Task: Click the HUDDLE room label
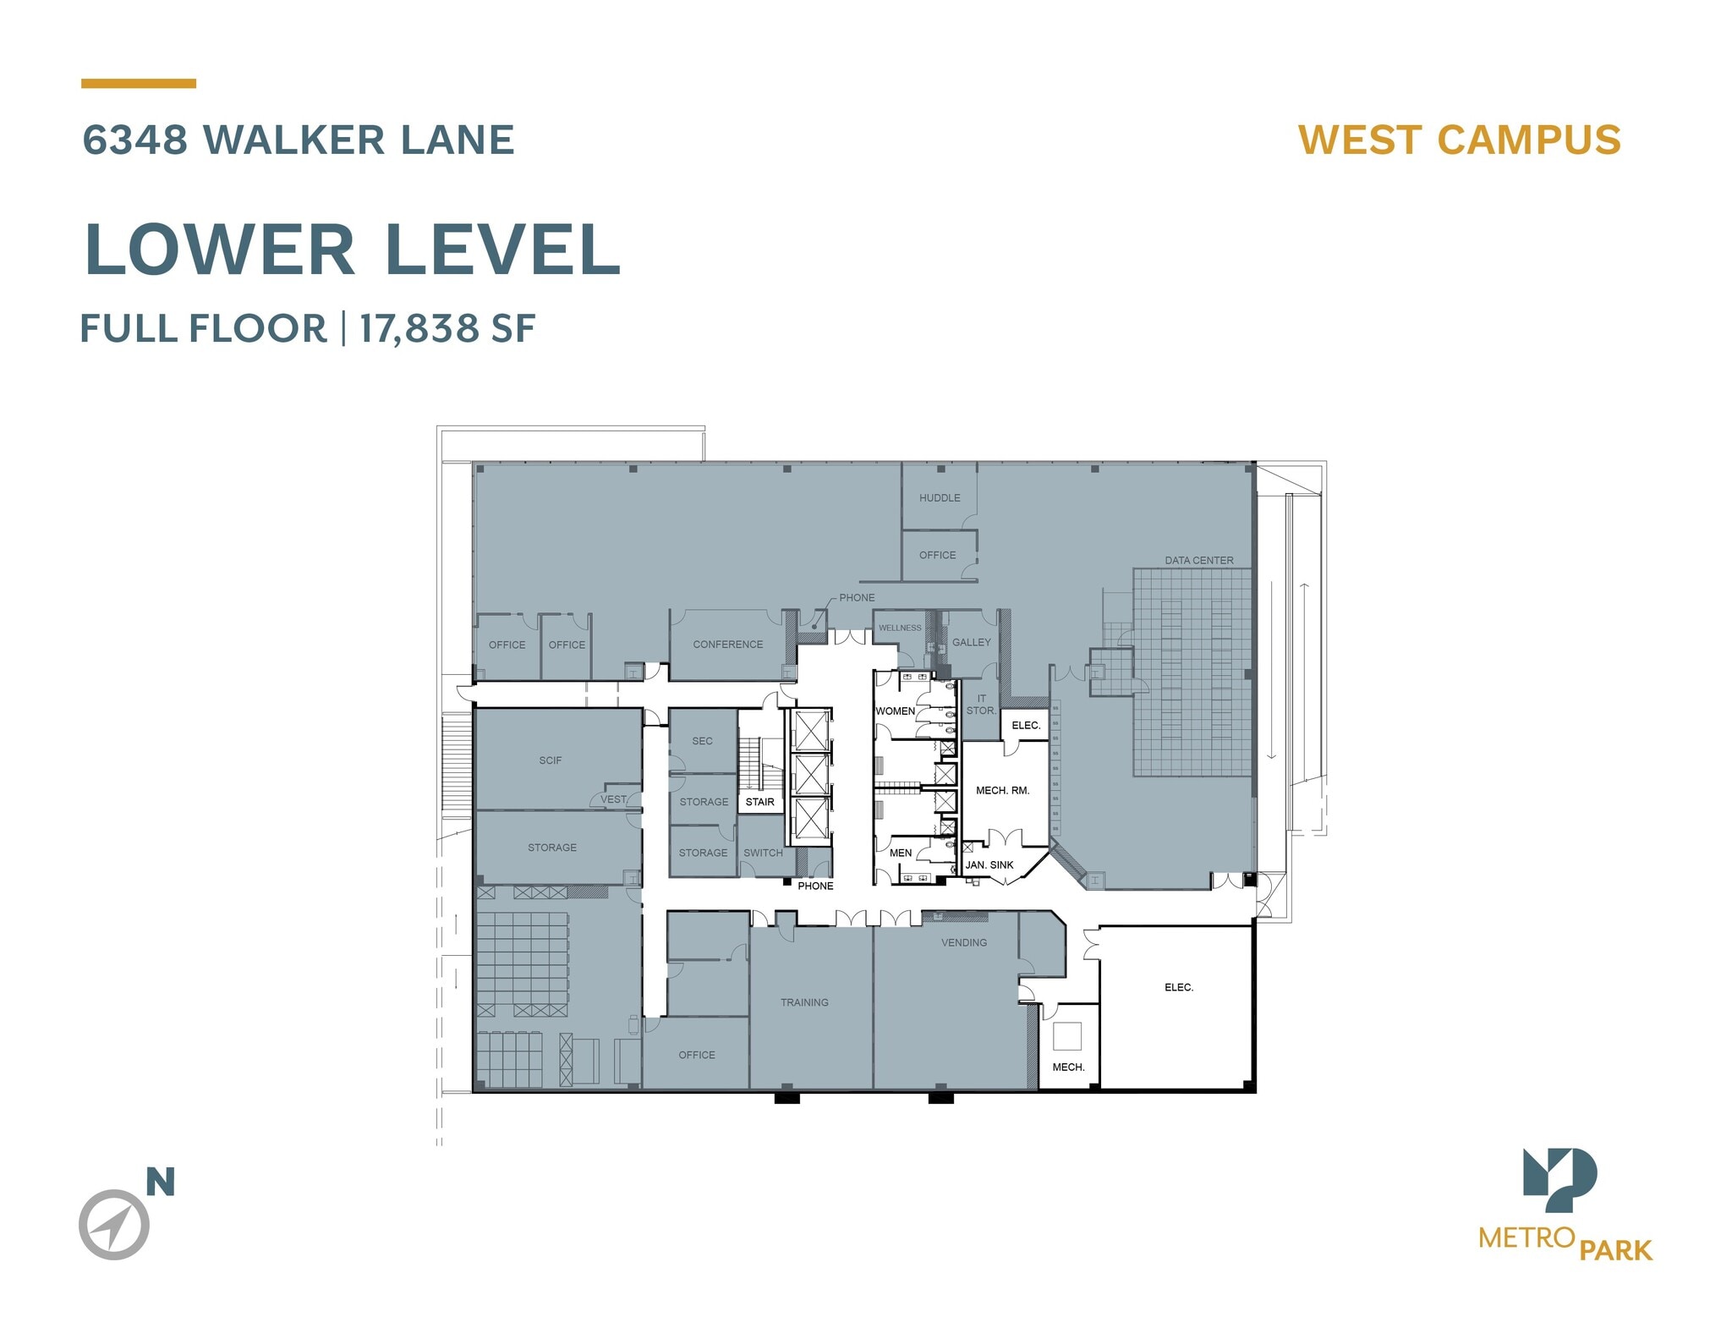pyautogui.click(x=940, y=498)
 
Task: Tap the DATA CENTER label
pyautogui.click(x=1198, y=560)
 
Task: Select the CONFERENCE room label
pyautogui.click(x=727, y=645)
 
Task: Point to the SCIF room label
pyautogui.click(x=550, y=760)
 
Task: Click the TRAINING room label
pyautogui.click(x=804, y=1002)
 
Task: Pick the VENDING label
pyautogui.click(x=964, y=942)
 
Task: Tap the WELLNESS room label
pyautogui.click(x=900, y=628)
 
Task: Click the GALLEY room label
pyautogui.click(x=971, y=642)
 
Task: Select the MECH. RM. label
pyautogui.click(x=1002, y=790)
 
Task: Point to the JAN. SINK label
pyautogui.click(x=989, y=864)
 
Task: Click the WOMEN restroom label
pyautogui.click(x=895, y=711)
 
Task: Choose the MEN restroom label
pyautogui.click(x=901, y=853)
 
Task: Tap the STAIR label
pyautogui.click(x=759, y=802)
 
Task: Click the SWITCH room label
pyautogui.click(x=763, y=853)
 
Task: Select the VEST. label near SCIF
pyautogui.click(x=614, y=799)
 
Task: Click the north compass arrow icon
pyautogui.click(x=114, y=1224)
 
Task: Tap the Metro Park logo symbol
pyautogui.click(x=1559, y=1179)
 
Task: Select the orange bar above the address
pyautogui.click(x=139, y=84)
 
